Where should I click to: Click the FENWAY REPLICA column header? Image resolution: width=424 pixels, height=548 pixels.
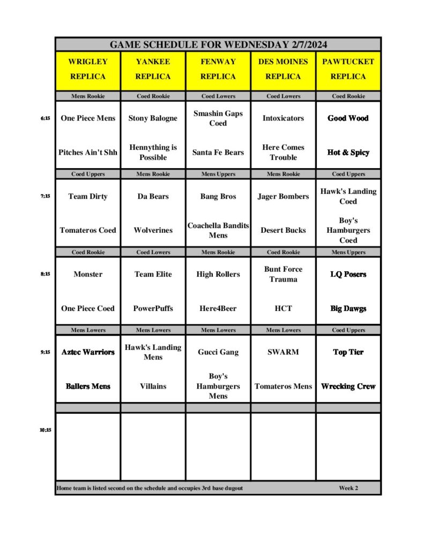218,69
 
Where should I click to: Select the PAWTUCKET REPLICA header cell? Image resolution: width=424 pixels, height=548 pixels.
348,69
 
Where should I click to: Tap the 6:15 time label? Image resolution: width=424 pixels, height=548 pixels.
45,118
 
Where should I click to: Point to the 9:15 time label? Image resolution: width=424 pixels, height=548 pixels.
45,352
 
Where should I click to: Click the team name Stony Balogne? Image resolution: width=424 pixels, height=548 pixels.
153,118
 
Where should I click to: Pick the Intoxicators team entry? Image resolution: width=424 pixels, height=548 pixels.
283,118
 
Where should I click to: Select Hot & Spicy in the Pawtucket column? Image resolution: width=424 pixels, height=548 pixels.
348,153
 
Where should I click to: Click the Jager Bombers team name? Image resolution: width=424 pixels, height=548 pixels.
283,196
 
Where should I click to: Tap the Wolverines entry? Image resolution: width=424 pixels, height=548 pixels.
153,230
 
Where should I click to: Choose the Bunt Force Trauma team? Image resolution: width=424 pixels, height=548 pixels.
283,274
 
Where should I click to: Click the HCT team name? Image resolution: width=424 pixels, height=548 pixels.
283,308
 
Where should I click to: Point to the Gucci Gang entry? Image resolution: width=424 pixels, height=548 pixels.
218,352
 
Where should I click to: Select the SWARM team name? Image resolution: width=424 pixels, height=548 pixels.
283,352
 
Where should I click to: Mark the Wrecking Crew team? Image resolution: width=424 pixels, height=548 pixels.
348,386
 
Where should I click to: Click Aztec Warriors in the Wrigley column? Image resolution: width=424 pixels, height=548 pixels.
88,352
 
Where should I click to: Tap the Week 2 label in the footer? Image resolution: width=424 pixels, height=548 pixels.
348,488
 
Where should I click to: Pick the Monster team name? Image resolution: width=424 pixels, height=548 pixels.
88,274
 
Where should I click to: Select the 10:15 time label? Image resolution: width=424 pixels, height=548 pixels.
45,430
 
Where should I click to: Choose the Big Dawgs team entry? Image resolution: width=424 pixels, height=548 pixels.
348,309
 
